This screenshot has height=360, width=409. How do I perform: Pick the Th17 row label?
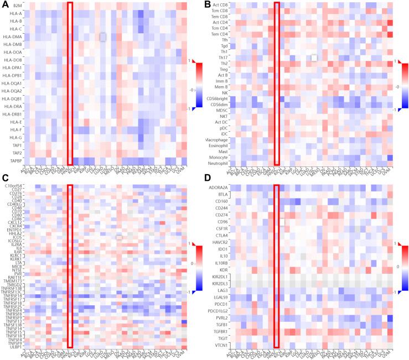click(224, 57)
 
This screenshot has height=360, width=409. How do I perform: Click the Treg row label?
click(224, 70)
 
